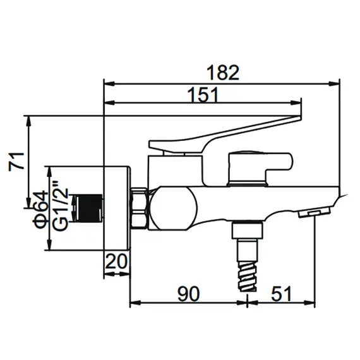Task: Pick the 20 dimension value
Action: [117, 261]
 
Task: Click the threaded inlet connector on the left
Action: [88, 208]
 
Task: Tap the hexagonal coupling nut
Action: [138, 208]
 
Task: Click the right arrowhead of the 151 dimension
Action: [301, 103]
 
